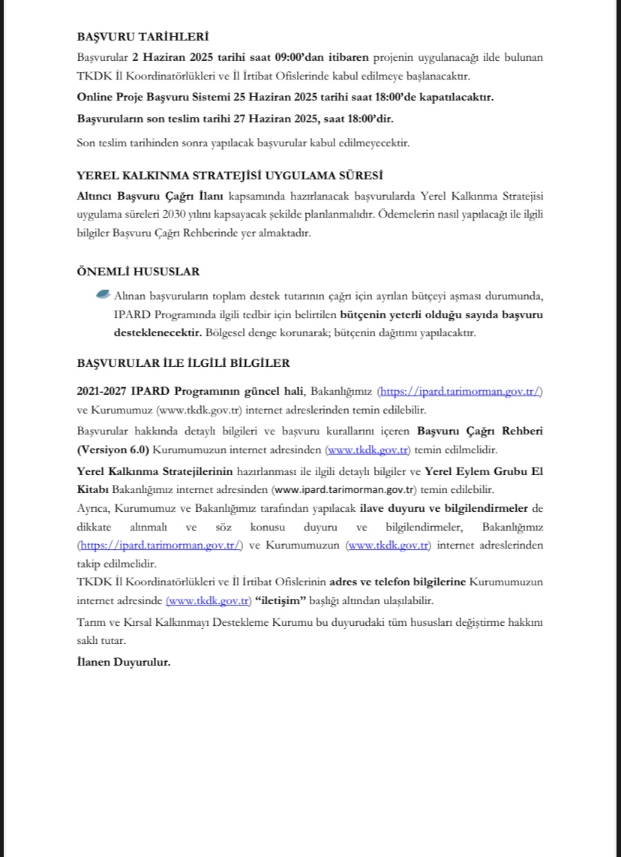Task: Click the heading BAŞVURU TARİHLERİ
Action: point(142,37)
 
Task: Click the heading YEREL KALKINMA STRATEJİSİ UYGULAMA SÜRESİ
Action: point(230,175)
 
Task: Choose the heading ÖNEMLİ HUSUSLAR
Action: point(138,272)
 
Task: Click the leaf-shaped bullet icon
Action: point(103,295)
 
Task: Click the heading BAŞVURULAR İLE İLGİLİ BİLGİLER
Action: point(183,363)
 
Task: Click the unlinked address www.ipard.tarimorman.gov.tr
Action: point(343,491)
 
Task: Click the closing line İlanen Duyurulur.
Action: point(123,662)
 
